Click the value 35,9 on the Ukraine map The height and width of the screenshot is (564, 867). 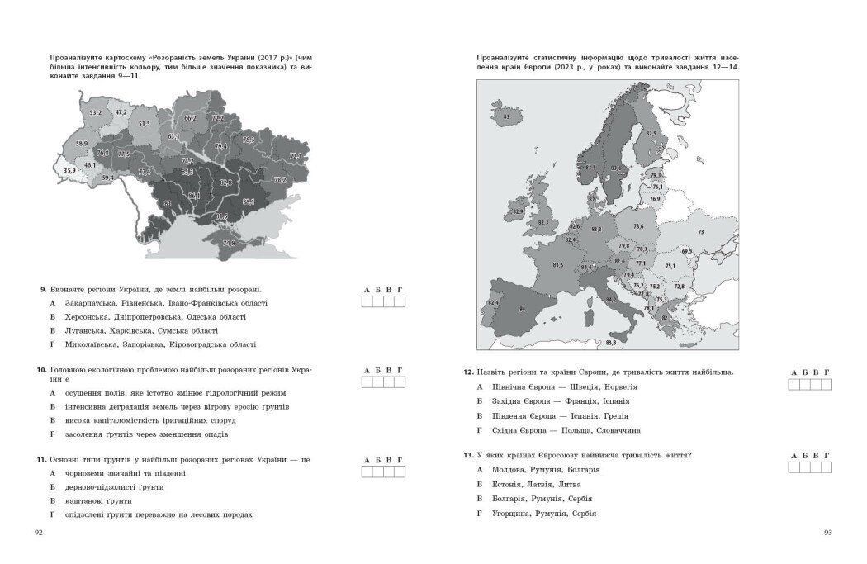point(69,170)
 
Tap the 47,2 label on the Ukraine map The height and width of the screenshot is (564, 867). point(121,111)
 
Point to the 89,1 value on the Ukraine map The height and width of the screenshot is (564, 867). point(248,201)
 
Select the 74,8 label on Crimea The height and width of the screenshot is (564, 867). point(229,243)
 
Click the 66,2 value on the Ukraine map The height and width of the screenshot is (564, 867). point(190,118)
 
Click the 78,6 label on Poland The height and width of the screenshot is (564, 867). point(638,226)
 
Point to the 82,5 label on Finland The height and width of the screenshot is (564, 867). point(651,133)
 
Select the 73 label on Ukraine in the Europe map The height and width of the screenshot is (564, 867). point(700,233)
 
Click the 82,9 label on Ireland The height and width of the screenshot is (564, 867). point(518,212)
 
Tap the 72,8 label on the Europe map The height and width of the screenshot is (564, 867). point(679,286)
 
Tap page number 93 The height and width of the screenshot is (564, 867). point(828,532)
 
